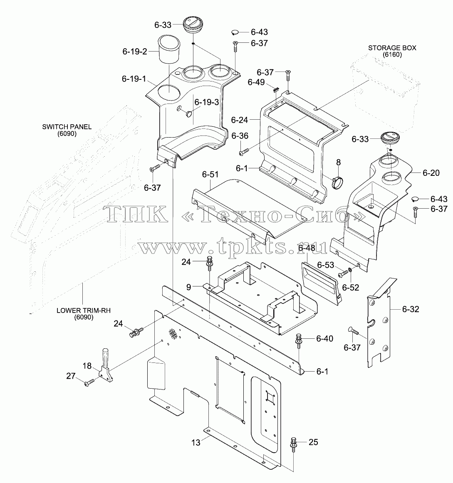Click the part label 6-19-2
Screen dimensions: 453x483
[x=135, y=52]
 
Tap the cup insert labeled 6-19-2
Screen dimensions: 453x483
[x=169, y=49]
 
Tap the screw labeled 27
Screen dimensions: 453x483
[x=89, y=383]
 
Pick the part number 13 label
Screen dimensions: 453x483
[x=196, y=443]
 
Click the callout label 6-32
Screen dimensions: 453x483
[x=411, y=309]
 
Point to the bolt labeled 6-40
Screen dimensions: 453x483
[x=299, y=340]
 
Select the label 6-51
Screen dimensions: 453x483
[x=210, y=174]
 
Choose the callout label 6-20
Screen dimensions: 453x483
[x=431, y=173]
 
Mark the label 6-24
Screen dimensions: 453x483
[x=239, y=120]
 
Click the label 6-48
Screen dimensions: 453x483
[x=307, y=248]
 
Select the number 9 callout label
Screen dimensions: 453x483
[x=189, y=287]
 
